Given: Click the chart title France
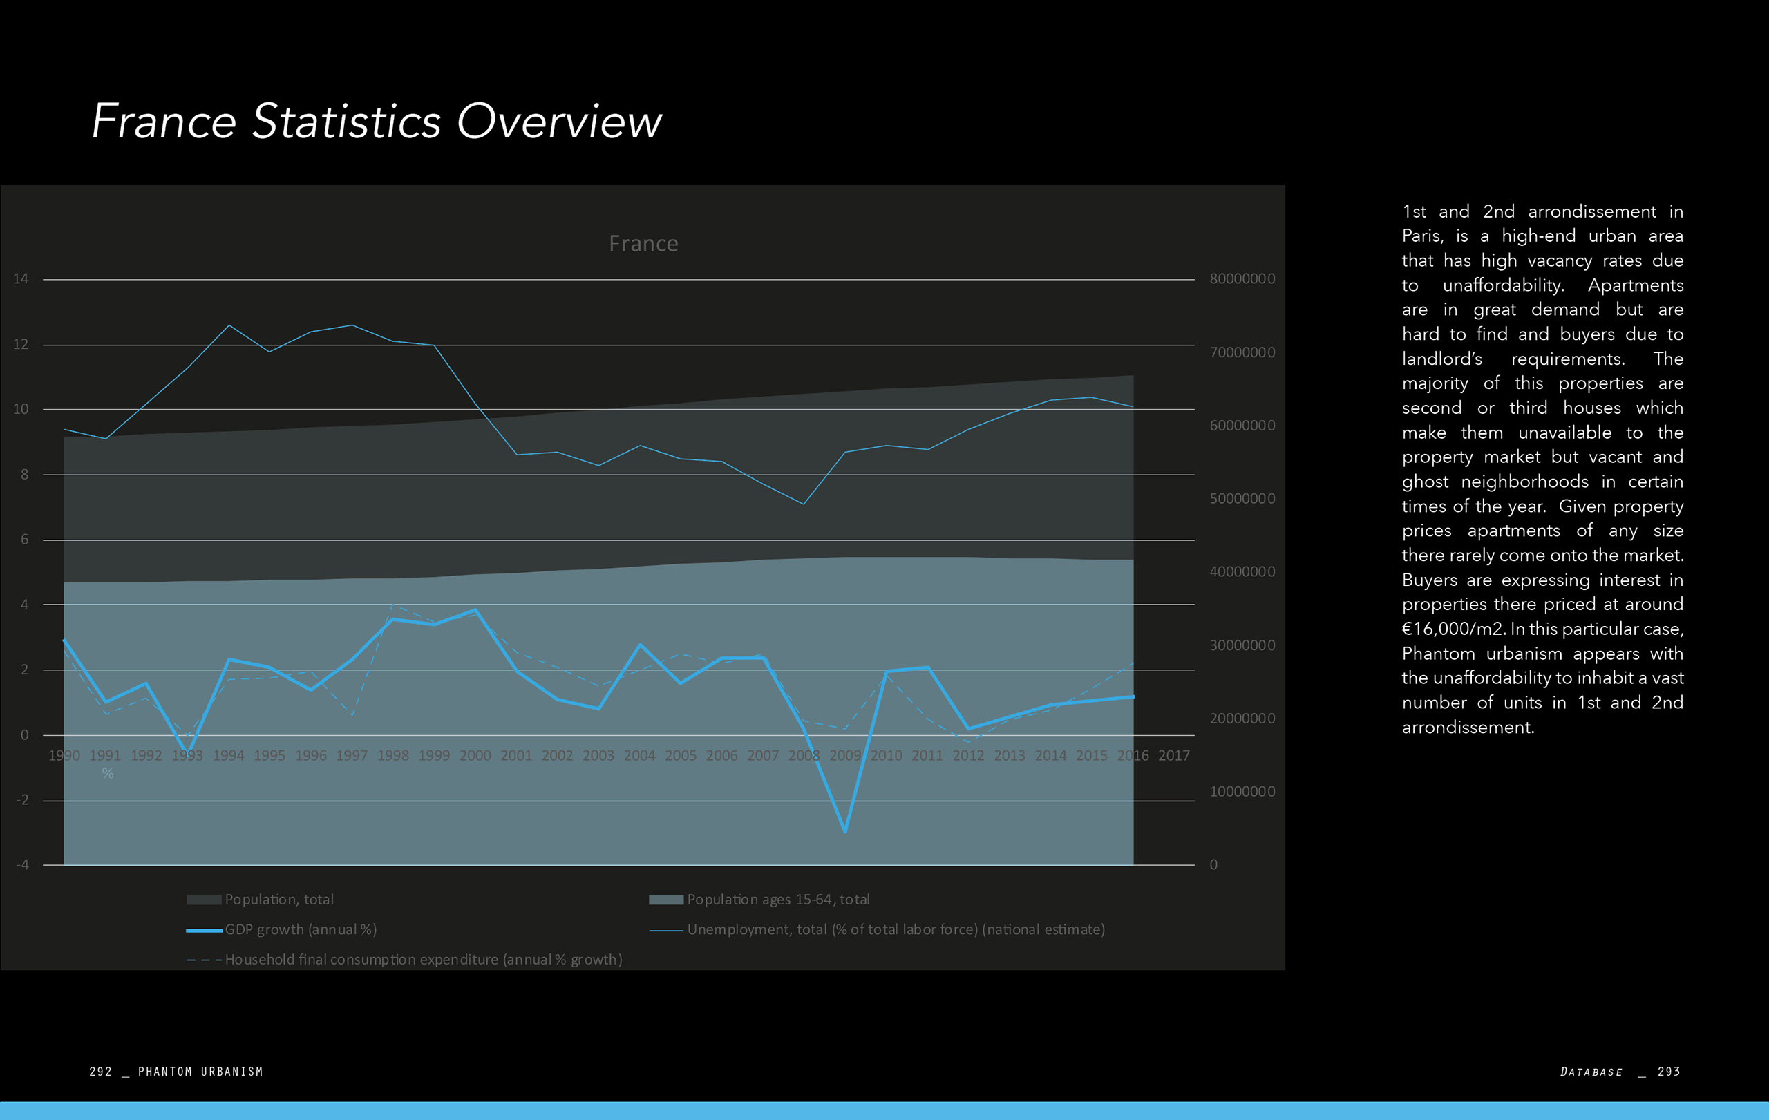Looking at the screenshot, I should click(643, 244).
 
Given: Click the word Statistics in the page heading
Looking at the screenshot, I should click(346, 121).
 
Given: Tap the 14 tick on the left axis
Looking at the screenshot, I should click(21, 279).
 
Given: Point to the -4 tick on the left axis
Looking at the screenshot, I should click(22, 865).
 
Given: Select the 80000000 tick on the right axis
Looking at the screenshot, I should click(1242, 279).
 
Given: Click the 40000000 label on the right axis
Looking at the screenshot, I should click(1242, 572).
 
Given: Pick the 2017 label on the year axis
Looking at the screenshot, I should click(1173, 756).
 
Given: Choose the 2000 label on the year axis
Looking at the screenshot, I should click(475, 756).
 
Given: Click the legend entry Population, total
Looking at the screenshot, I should click(278, 900).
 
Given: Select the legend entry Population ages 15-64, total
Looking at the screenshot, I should click(777, 900).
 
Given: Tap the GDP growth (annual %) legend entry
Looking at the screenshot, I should click(300, 930).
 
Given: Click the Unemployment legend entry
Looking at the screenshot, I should click(895, 930).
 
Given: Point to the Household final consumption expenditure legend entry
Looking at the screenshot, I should click(423, 960).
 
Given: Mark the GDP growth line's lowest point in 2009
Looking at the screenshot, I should click(845, 831).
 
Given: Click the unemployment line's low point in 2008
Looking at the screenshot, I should click(803, 504).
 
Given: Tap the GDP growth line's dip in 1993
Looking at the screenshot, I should click(187, 754).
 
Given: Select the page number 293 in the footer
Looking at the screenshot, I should click(1668, 1072).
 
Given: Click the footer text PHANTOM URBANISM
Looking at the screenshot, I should click(200, 1072).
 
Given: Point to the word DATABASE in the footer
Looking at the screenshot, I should click(1591, 1072).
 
